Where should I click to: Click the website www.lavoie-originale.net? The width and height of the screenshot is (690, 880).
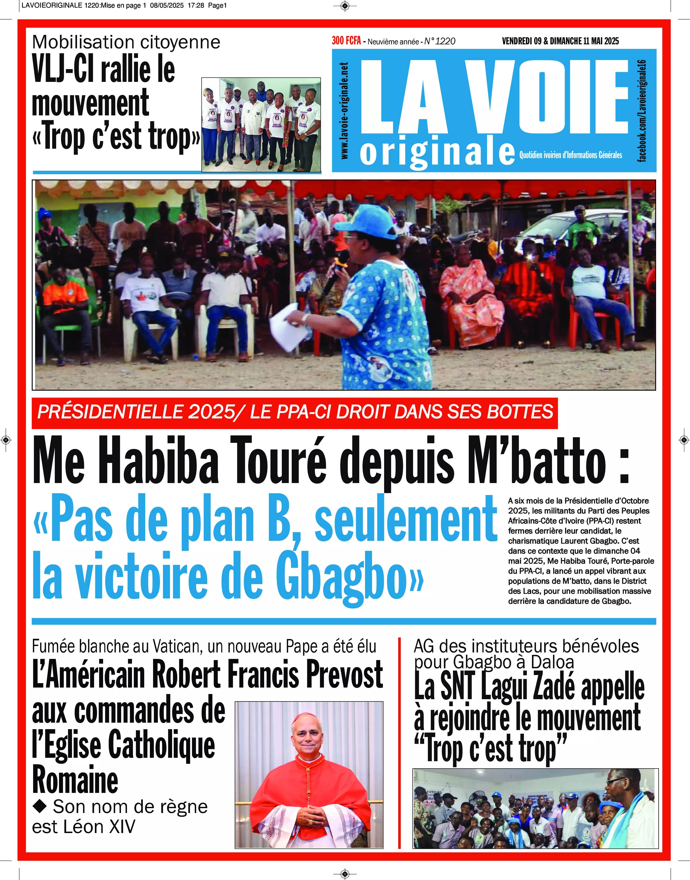coord(344,110)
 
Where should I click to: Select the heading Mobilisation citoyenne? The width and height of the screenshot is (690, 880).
coord(126,42)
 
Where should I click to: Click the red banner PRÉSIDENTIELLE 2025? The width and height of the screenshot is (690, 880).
coord(294,412)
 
